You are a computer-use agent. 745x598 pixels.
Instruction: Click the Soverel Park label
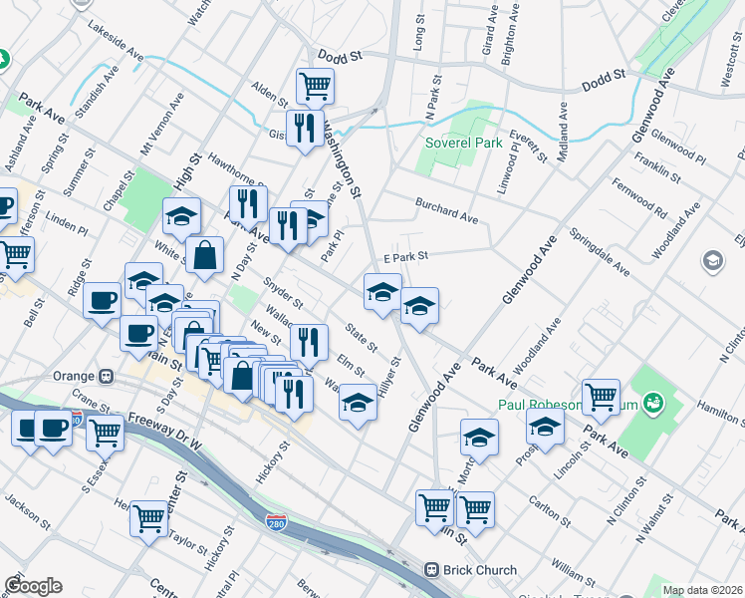tap(463, 143)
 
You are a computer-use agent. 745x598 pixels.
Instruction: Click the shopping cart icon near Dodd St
tap(315, 87)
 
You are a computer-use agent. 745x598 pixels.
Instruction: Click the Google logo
tap(33, 586)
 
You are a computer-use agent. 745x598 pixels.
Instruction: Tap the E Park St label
tap(404, 256)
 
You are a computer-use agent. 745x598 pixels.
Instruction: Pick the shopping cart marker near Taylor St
tap(148, 518)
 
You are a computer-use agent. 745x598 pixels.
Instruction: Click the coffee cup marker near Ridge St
tap(102, 301)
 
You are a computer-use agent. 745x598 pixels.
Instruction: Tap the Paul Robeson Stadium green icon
tap(653, 404)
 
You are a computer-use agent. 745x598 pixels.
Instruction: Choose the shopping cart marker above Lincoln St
tap(602, 398)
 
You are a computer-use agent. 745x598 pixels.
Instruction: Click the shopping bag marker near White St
tap(204, 255)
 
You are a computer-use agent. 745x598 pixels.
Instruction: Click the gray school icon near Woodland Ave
tap(713, 261)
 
